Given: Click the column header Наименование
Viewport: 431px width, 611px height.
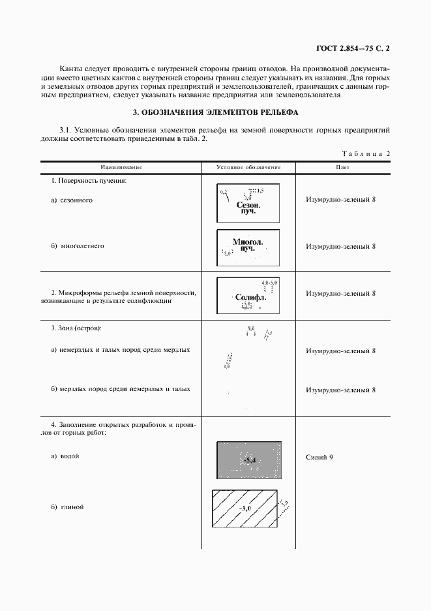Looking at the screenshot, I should point(121,168).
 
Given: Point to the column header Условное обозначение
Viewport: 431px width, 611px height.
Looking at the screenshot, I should point(248,168).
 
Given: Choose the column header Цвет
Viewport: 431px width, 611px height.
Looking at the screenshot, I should point(343,168).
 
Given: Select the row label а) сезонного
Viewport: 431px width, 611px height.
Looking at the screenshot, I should point(72,200).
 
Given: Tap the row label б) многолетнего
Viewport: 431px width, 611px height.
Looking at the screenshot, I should point(78,246).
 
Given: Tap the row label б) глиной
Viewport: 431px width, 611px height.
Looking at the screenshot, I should point(68,507).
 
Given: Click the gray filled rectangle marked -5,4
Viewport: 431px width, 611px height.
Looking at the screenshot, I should point(248,461).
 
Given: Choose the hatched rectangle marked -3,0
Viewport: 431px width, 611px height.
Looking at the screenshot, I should point(246,507).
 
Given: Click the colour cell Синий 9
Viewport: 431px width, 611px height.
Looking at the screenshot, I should point(320,457).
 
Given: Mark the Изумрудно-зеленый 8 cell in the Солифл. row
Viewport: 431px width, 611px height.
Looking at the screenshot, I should point(340,294).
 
